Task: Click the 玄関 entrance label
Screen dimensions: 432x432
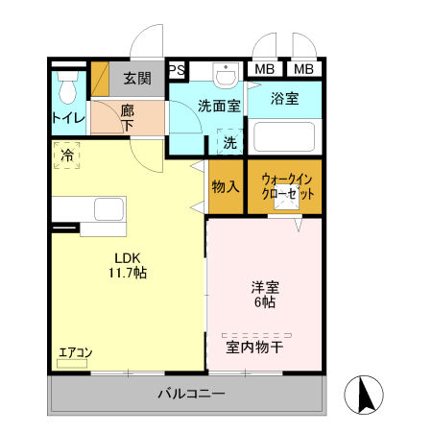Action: (x=137, y=78)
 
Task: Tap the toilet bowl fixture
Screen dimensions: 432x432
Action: (x=66, y=89)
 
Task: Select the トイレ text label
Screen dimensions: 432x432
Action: (x=67, y=119)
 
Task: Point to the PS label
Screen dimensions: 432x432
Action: (x=177, y=69)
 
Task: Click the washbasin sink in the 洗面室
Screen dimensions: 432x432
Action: (x=227, y=76)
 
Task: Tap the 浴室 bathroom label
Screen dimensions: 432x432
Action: (x=285, y=98)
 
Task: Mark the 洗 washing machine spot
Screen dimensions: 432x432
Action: (x=230, y=142)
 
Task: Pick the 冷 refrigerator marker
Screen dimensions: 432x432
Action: (x=67, y=155)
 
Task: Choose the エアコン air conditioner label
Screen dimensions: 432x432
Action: (x=75, y=352)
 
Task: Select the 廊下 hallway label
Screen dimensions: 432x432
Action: (x=128, y=117)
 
